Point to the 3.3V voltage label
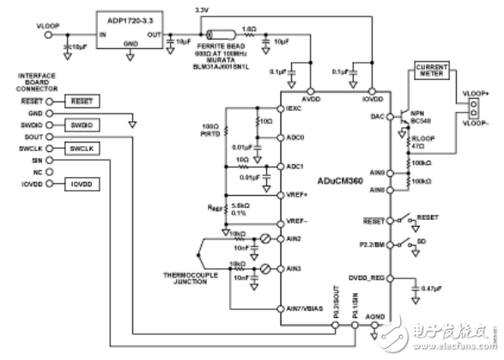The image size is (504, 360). [x=203, y=9]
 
